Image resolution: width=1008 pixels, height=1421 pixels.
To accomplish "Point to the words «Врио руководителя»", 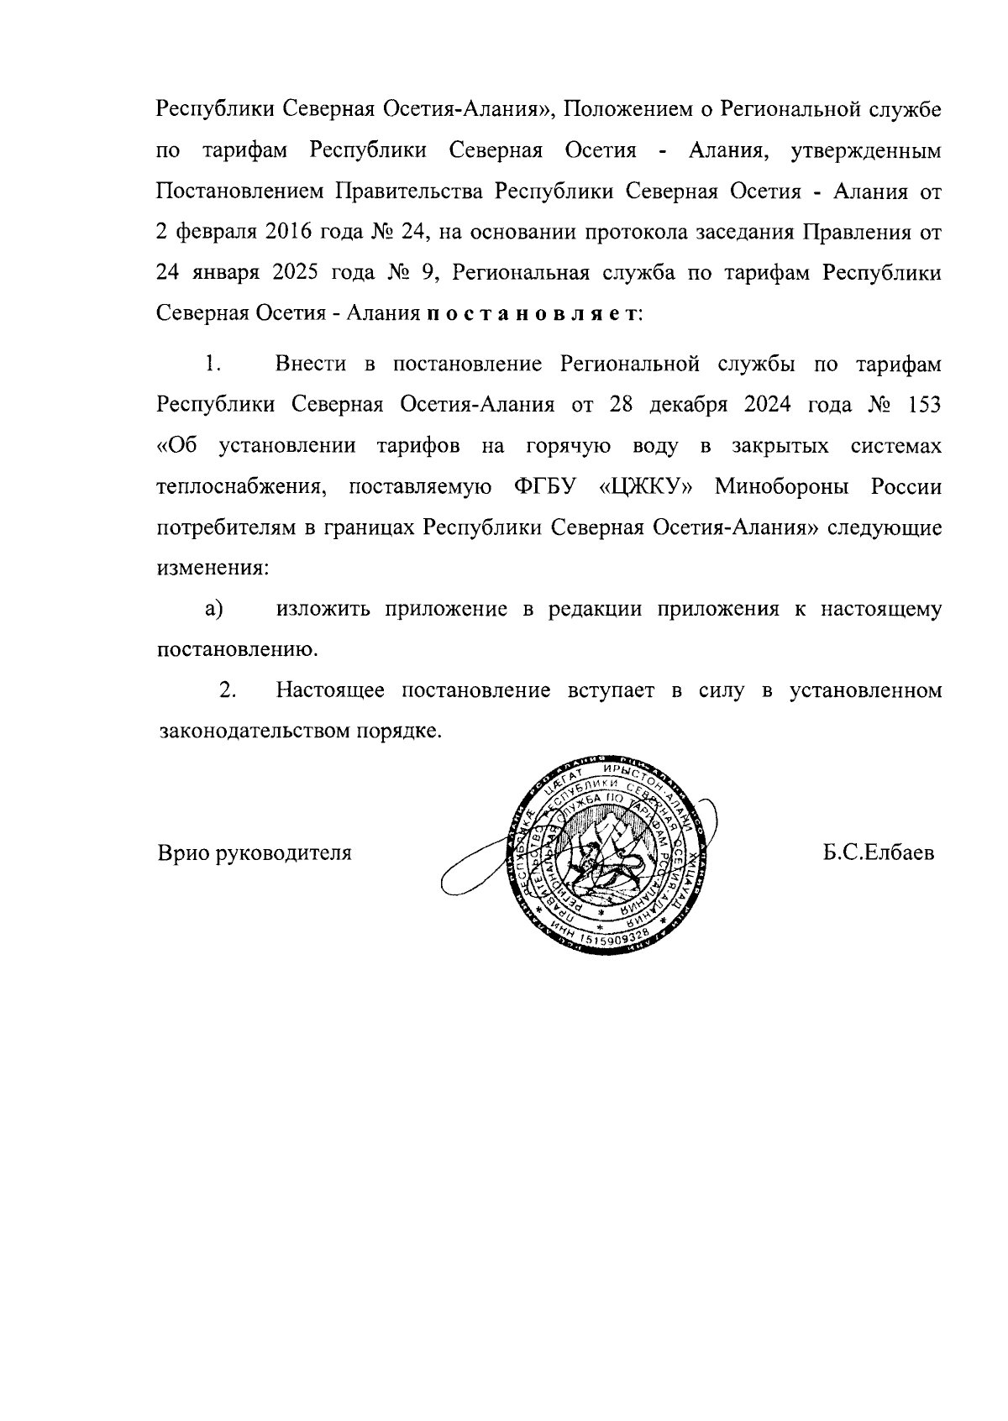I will click(x=255, y=853).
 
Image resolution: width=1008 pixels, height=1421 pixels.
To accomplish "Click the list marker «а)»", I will click(x=214, y=609).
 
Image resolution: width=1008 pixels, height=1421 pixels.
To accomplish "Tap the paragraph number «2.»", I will click(x=227, y=690).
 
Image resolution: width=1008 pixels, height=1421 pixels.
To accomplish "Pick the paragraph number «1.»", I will click(x=211, y=364).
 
